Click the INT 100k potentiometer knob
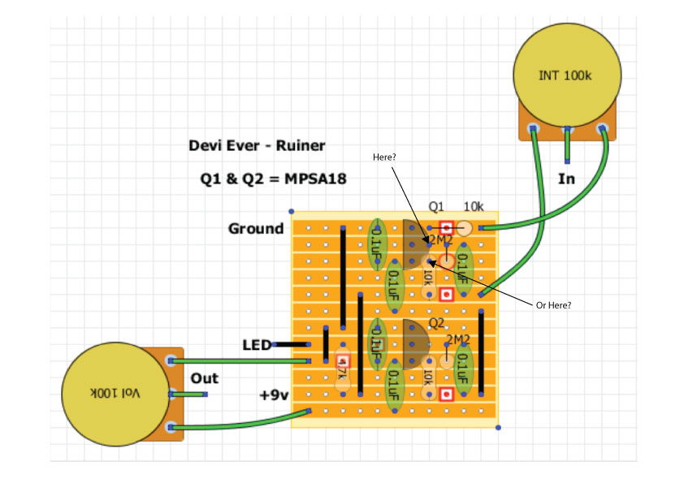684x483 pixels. [x=565, y=75]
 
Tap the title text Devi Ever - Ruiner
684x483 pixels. [x=257, y=146]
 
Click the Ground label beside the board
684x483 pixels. [x=256, y=229]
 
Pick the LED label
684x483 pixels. [x=256, y=345]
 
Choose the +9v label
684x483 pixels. [x=275, y=395]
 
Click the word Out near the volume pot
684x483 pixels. [x=205, y=378]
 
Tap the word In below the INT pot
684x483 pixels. [x=566, y=179]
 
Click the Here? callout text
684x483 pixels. [x=386, y=156]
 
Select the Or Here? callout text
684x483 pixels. [x=552, y=305]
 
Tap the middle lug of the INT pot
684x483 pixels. [x=568, y=130]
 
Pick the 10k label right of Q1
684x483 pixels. [x=474, y=206]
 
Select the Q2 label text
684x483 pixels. [x=436, y=322]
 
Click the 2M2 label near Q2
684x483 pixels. [x=458, y=339]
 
